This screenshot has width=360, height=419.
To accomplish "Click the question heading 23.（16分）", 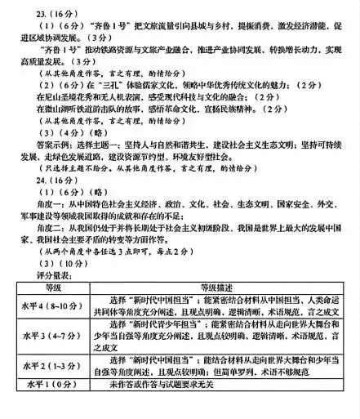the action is (x=38, y=12).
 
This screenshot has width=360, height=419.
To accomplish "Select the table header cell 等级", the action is (x=53, y=288).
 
